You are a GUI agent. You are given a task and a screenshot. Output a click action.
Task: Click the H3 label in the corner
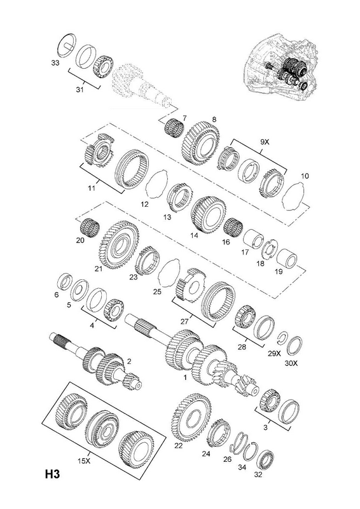pyautogui.click(x=52, y=474)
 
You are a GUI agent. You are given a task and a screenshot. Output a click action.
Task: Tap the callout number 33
pyautogui.click(x=55, y=62)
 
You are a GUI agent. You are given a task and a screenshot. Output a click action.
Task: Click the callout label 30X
pyautogui.click(x=291, y=363)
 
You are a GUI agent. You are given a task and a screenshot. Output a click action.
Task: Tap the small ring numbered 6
pyautogui.click(x=64, y=281)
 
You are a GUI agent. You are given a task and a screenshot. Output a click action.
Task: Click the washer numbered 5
pyautogui.click(x=80, y=289)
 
